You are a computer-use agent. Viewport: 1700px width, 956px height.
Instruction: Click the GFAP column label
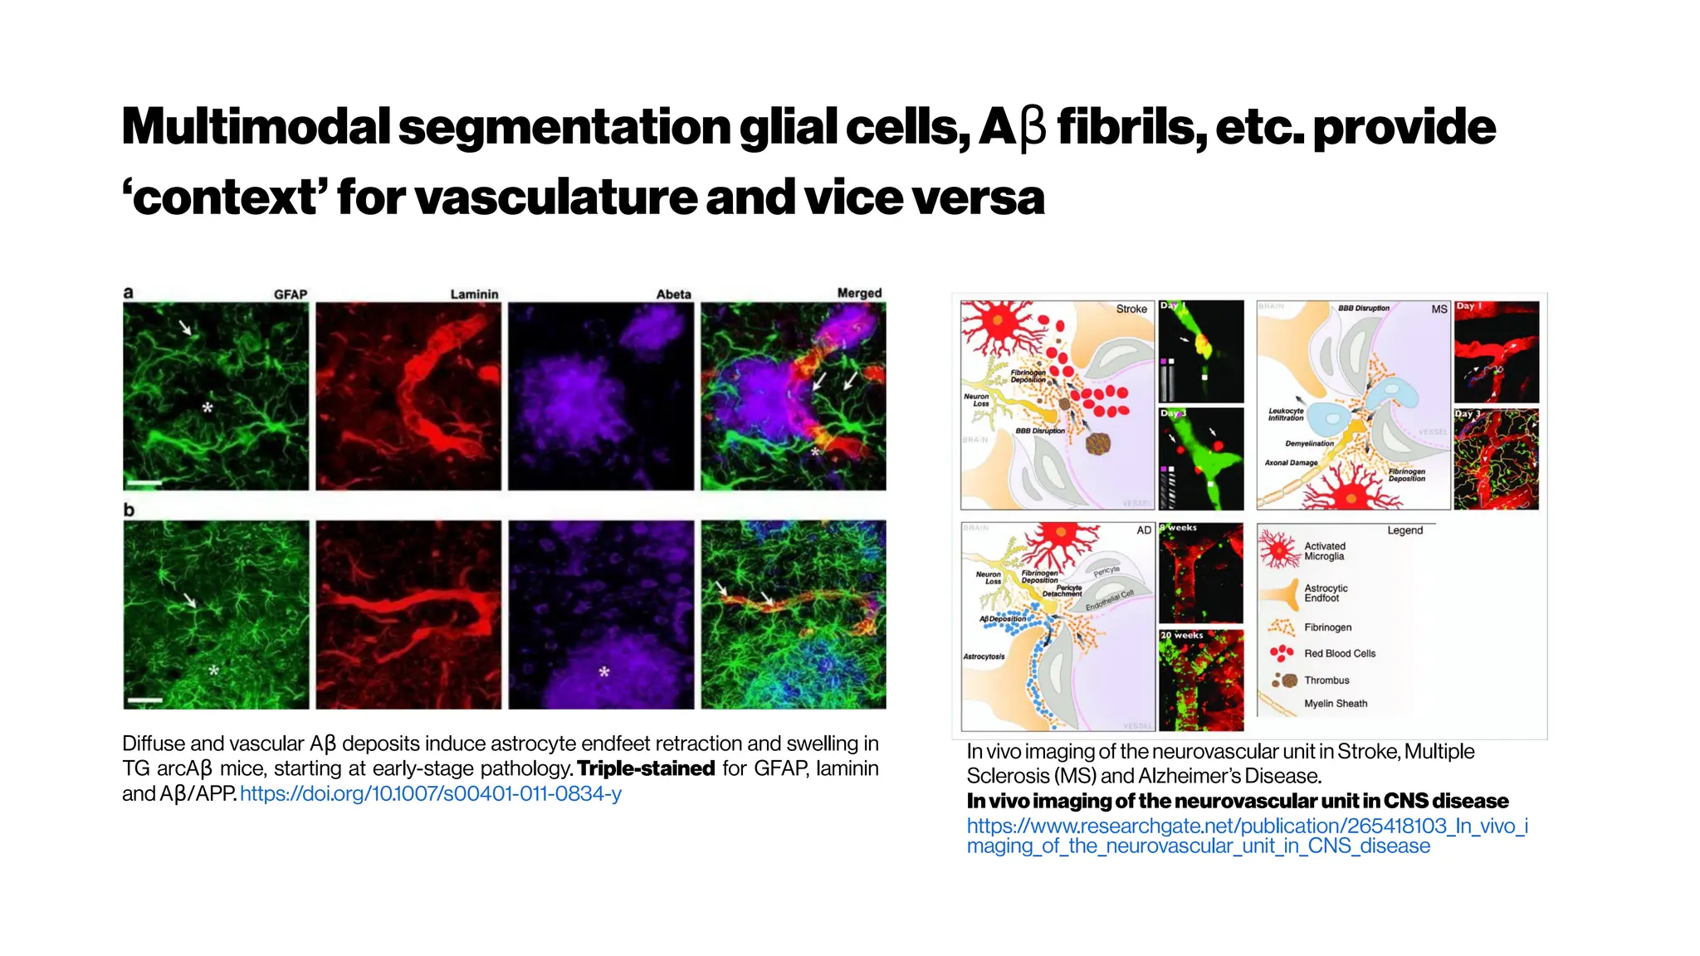click(291, 295)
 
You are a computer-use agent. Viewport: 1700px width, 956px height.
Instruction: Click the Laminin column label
click(474, 295)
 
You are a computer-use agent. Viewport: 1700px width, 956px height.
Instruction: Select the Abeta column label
click(673, 295)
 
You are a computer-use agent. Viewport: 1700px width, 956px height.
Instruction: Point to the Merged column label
click(859, 293)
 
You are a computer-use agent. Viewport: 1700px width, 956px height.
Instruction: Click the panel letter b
click(129, 510)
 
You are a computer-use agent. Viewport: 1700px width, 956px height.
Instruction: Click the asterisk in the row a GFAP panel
click(208, 407)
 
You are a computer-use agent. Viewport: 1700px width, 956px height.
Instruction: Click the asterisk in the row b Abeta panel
click(604, 671)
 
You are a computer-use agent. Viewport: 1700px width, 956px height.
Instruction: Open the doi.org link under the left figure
click(430, 794)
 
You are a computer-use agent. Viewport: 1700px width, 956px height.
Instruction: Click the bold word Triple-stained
click(646, 768)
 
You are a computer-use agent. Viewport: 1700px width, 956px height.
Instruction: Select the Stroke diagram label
click(1131, 309)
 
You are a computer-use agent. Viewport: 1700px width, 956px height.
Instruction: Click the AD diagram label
click(1144, 530)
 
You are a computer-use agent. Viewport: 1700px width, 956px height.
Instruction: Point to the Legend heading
click(1404, 530)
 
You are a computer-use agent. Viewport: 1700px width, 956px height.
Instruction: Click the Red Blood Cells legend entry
click(1339, 654)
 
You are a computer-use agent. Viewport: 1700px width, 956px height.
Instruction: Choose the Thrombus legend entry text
click(1326, 680)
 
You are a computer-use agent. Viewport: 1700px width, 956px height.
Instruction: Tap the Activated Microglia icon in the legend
click(1278, 549)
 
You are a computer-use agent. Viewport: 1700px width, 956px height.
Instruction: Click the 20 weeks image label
click(1182, 636)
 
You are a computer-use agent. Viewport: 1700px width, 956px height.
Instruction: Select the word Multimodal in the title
click(256, 128)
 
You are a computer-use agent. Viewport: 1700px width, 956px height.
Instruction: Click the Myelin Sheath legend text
click(1335, 704)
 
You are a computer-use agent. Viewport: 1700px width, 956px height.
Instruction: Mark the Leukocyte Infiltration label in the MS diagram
click(1286, 414)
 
